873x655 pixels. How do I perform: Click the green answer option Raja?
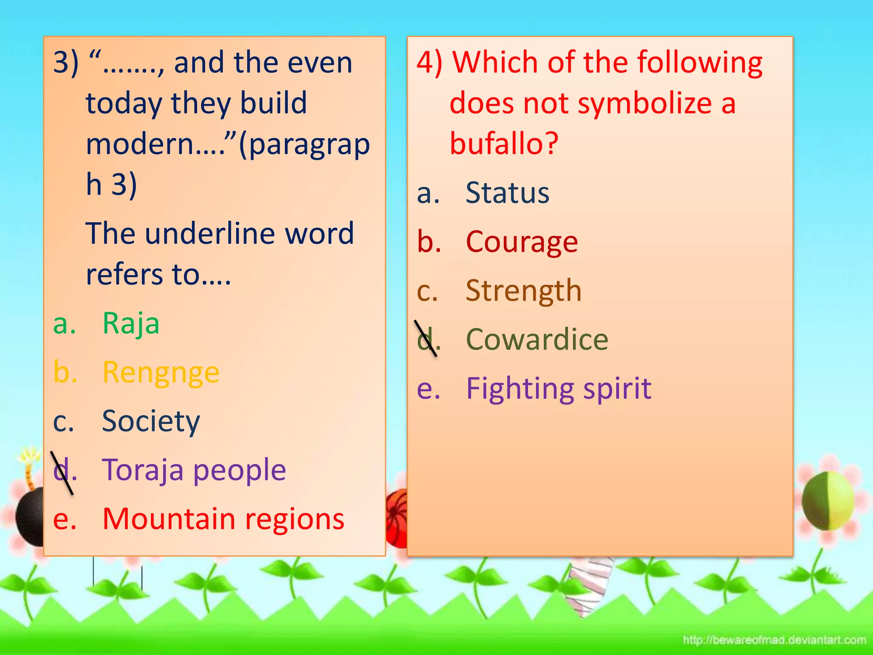coord(131,323)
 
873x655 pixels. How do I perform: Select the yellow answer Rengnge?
coord(161,373)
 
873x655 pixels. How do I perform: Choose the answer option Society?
coord(151,421)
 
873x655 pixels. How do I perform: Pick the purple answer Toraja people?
coord(194,470)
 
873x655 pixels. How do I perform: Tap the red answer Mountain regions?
coord(223,519)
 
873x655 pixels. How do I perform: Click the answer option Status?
coord(507,193)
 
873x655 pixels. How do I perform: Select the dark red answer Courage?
coord(522,242)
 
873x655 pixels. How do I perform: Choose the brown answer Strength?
coord(523,291)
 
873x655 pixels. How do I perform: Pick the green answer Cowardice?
coord(537,339)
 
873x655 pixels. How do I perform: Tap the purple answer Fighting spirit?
coord(558,388)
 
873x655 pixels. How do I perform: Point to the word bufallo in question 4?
coord(504,143)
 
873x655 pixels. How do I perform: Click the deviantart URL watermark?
coord(774,640)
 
